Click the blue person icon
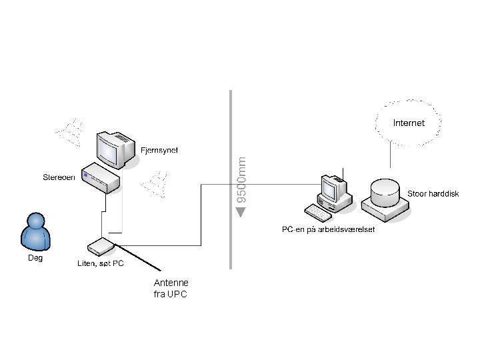click(x=35, y=232)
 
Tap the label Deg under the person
click(x=35, y=258)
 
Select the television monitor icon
click(x=116, y=150)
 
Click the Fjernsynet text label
click(x=159, y=150)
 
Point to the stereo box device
click(x=101, y=178)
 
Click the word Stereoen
click(x=59, y=177)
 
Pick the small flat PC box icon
click(x=101, y=247)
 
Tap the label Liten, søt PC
click(x=101, y=263)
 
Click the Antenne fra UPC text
click(x=171, y=289)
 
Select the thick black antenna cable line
click(x=137, y=257)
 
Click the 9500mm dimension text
click(x=241, y=180)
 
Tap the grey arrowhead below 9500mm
click(x=241, y=212)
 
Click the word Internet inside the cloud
click(x=409, y=123)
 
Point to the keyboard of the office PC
click(x=318, y=213)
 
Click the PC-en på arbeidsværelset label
click(x=328, y=229)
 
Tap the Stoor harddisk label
click(x=433, y=193)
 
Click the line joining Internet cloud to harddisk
click(x=390, y=155)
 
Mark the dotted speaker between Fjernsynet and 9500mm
click(x=155, y=185)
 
